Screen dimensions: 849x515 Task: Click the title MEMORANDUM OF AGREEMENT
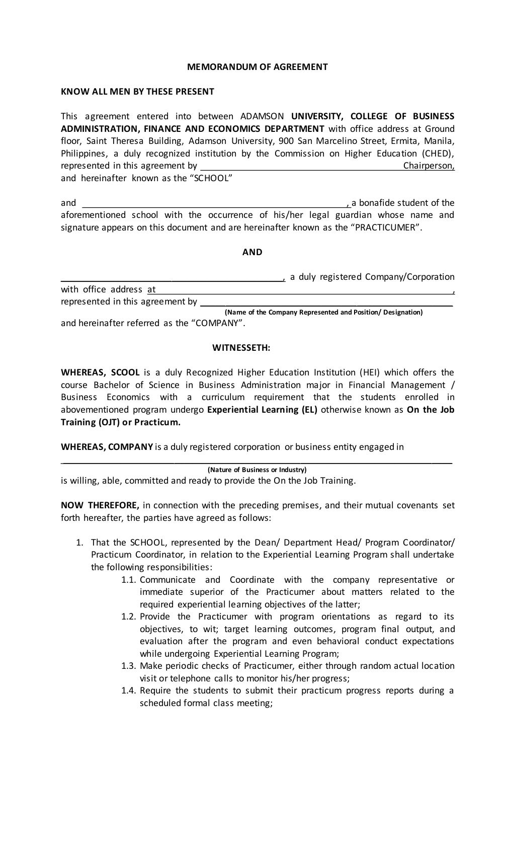click(x=257, y=66)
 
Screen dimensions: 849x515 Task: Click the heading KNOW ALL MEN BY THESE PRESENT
click(x=137, y=92)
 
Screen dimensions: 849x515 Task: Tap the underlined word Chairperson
click(x=428, y=166)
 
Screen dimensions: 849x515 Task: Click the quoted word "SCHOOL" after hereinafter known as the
click(x=210, y=178)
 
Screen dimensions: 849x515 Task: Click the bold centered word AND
click(x=252, y=252)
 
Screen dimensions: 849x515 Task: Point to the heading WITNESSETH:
click(x=241, y=348)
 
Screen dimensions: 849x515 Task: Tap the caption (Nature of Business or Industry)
click(x=257, y=470)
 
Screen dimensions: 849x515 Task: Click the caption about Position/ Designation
click(x=323, y=312)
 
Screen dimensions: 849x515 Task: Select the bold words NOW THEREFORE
click(x=100, y=505)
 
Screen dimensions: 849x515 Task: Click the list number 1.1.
click(x=129, y=580)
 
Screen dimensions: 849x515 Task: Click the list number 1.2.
click(x=129, y=617)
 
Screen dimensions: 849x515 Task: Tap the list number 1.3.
click(x=129, y=666)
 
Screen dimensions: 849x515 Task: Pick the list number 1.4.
click(x=129, y=691)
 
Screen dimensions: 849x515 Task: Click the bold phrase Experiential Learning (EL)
click(x=262, y=410)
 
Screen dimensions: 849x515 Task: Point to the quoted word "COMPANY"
click(x=218, y=323)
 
